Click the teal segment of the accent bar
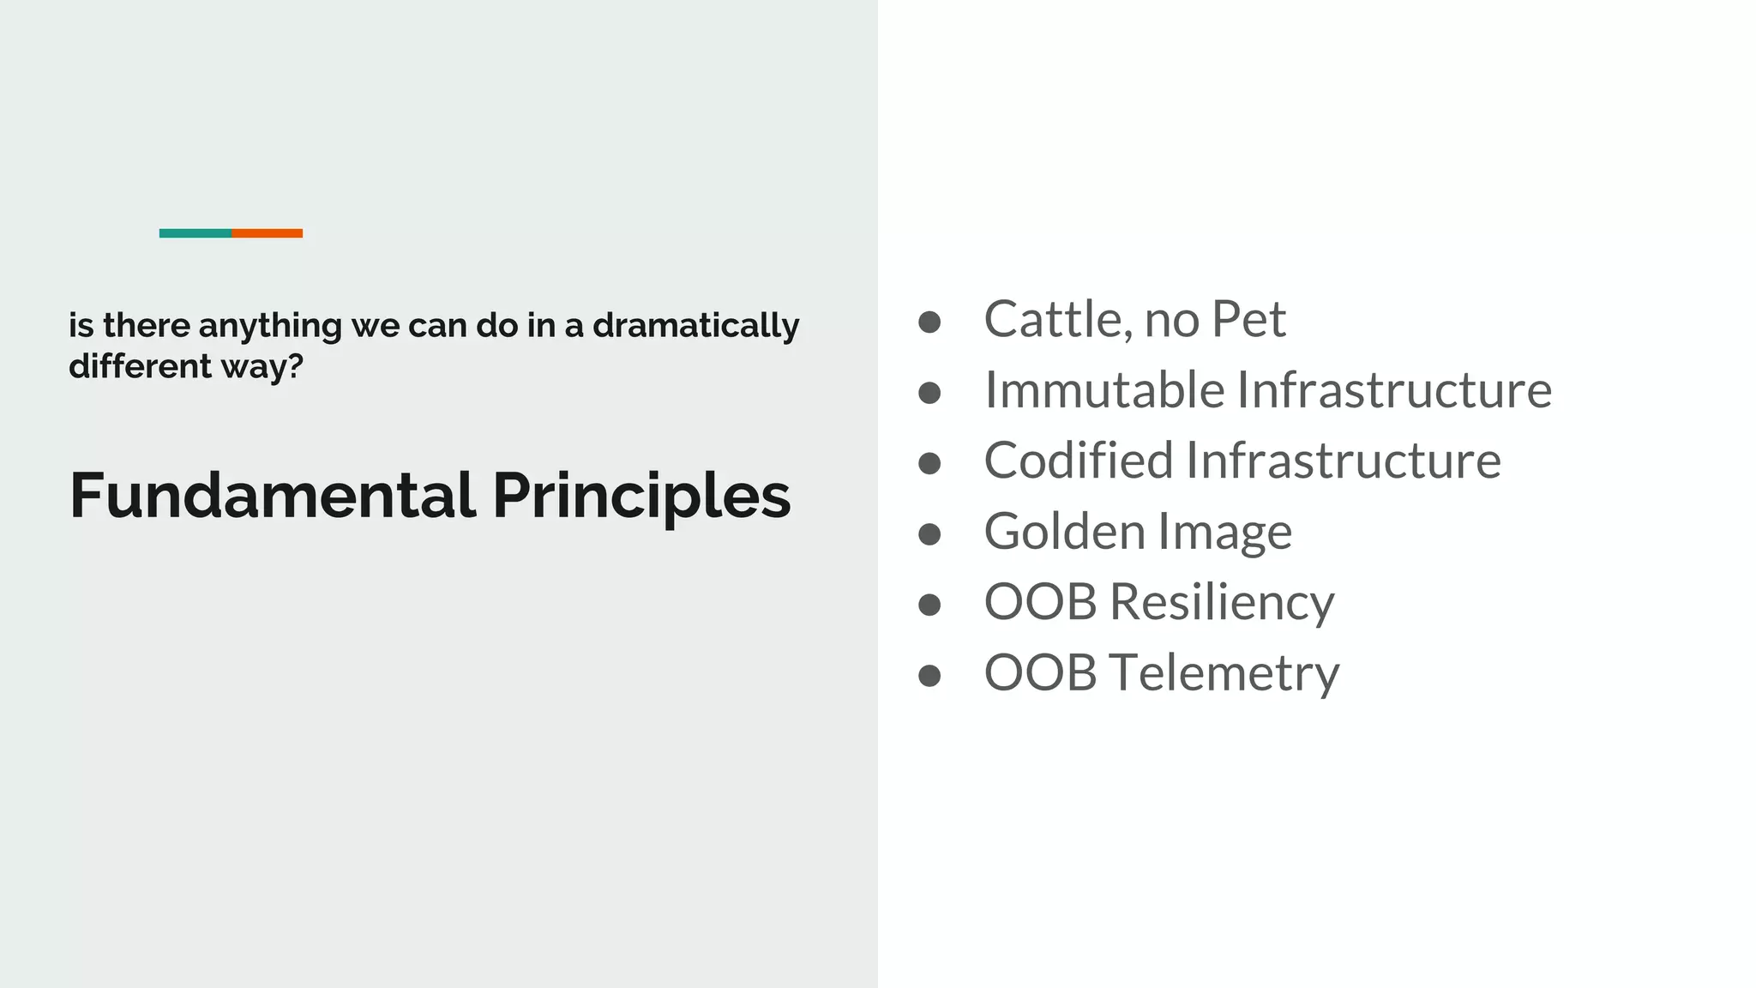[195, 233]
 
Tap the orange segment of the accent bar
[267, 233]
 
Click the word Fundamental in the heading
[272, 496]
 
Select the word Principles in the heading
[641, 497]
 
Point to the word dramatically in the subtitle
[695, 326]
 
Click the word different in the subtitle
[140, 366]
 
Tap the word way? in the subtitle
[262, 368]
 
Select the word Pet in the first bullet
[1248, 319]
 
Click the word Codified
[1079, 461]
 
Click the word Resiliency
[1222, 602]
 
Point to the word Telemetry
[1224, 673]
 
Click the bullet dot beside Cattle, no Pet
[929, 322]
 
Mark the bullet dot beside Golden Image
[929, 534]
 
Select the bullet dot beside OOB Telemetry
[929, 676]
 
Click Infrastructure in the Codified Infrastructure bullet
[1344, 461]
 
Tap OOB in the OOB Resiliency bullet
[1040, 602]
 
